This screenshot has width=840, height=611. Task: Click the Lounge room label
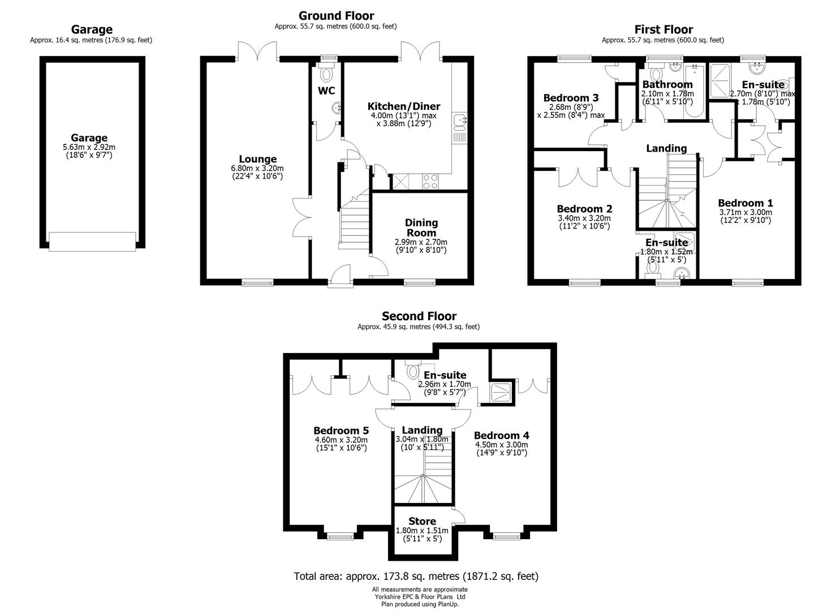tap(257, 159)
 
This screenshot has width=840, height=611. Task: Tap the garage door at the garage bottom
tap(92, 242)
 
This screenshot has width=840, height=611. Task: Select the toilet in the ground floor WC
tap(326, 72)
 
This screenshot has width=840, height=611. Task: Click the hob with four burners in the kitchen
tap(430, 182)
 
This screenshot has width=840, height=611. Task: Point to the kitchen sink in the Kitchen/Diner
tap(459, 122)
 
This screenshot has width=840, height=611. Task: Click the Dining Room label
tap(421, 227)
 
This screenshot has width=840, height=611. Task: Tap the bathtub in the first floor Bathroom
tap(694, 92)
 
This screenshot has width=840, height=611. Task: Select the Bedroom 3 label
tap(571, 98)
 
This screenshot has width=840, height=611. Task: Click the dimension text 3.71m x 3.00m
tap(746, 212)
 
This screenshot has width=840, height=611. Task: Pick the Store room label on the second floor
tap(422, 522)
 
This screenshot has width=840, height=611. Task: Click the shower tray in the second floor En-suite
tap(501, 392)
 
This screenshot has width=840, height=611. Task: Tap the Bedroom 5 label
tap(341, 431)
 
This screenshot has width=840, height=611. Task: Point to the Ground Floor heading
tap(336, 16)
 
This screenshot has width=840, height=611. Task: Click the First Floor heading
tap(664, 29)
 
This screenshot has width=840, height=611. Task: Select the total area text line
tap(416, 576)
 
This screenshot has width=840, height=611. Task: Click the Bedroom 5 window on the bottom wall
tap(340, 536)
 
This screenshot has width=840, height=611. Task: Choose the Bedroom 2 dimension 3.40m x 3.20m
tap(584, 218)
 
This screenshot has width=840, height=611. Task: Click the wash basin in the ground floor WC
tap(337, 109)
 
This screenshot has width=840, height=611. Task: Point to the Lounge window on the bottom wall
tap(257, 282)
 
